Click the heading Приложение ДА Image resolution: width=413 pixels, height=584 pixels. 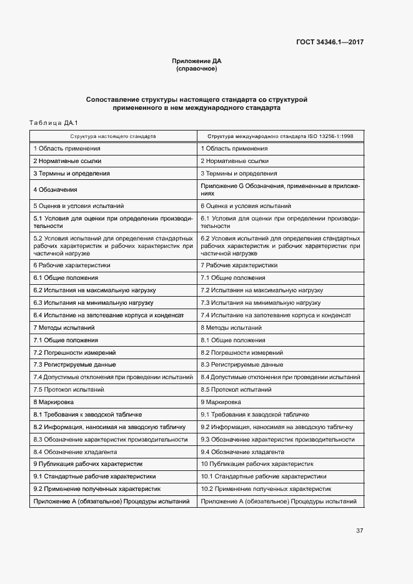pyautogui.click(x=197, y=61)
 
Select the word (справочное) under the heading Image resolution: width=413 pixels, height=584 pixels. pyautogui.click(x=197, y=69)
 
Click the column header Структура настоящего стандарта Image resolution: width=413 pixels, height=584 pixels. pyautogui.click(x=113, y=136)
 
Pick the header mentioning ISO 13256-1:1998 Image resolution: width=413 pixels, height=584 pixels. pyautogui.click(x=281, y=136)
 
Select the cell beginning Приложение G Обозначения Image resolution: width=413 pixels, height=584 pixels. pyautogui.click(x=280, y=189)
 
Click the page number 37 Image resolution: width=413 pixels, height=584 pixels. pyautogui.click(x=360, y=530)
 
